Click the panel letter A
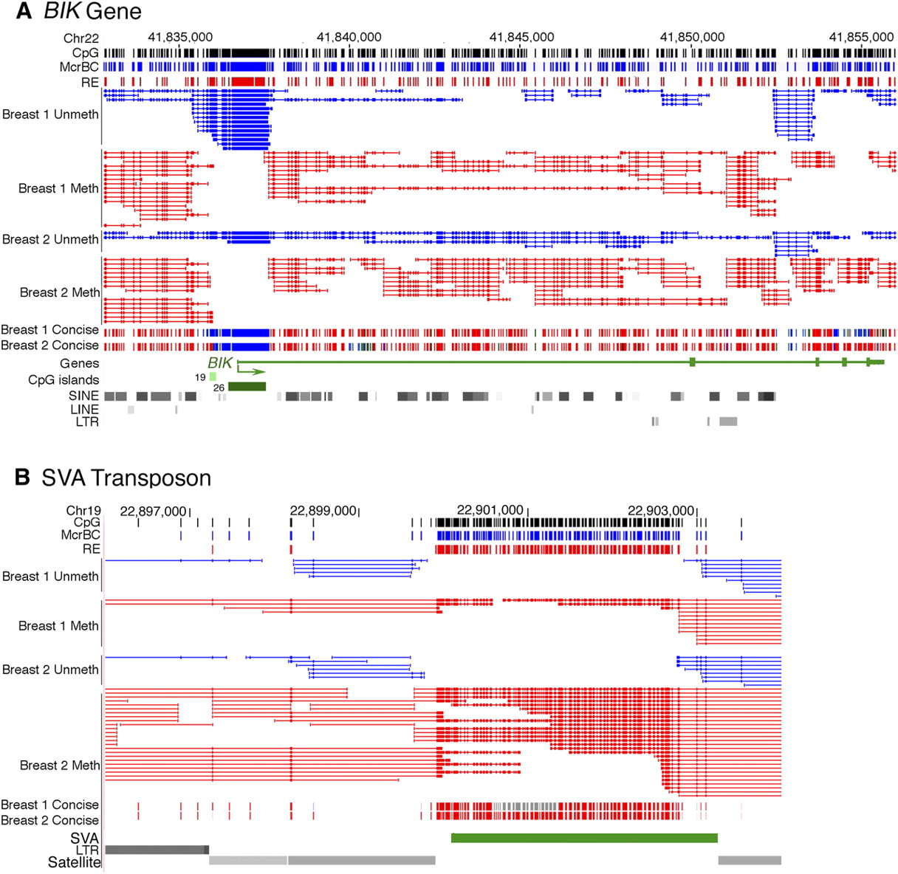pos(24,11)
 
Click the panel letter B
pos(23,478)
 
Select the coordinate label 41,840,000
pos(349,37)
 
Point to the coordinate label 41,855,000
pos(861,37)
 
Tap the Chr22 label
pos(81,38)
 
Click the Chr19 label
pos(83,510)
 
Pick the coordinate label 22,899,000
pos(323,510)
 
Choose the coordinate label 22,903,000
pos(661,510)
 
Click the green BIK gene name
pos(220,362)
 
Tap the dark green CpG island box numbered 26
pos(247,386)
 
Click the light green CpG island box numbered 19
pos(213,376)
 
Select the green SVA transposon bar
pos(583,838)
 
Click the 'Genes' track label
pos(80,363)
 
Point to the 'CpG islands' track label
pos(64,379)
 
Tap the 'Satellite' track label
pos(74,862)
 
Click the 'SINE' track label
pos(83,395)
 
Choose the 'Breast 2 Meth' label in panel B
pos(59,765)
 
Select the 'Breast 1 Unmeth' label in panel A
pos(50,114)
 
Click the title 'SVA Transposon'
pos(126,478)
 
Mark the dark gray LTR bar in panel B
pos(157,850)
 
